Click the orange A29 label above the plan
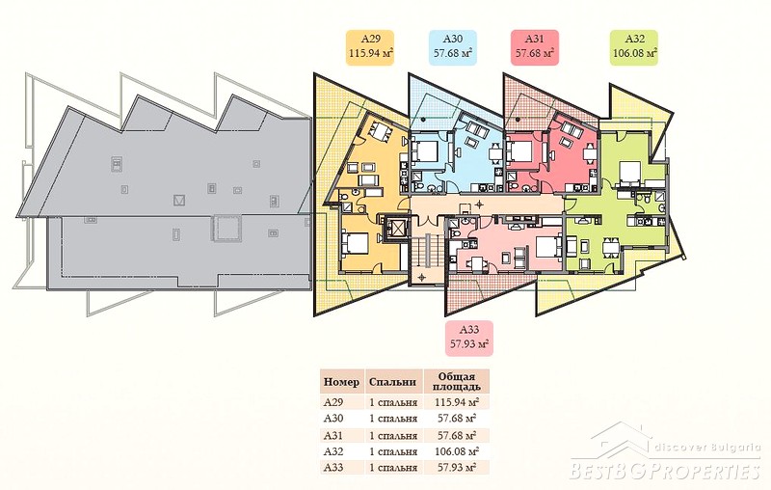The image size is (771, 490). (x=371, y=47)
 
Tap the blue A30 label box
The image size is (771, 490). (x=452, y=47)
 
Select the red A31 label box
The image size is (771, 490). (x=535, y=47)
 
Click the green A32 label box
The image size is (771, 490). (x=634, y=47)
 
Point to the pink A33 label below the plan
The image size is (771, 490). (x=469, y=339)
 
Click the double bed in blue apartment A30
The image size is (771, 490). (x=425, y=150)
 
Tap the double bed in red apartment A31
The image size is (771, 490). (x=520, y=150)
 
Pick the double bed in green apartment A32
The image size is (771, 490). (x=630, y=174)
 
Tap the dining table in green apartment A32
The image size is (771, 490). (x=611, y=248)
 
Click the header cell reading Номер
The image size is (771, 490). (x=341, y=382)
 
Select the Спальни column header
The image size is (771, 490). (x=393, y=382)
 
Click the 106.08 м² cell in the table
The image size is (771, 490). (x=457, y=451)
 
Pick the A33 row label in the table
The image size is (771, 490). (x=333, y=468)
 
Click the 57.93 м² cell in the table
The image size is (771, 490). (x=457, y=468)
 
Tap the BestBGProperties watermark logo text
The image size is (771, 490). (x=665, y=471)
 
